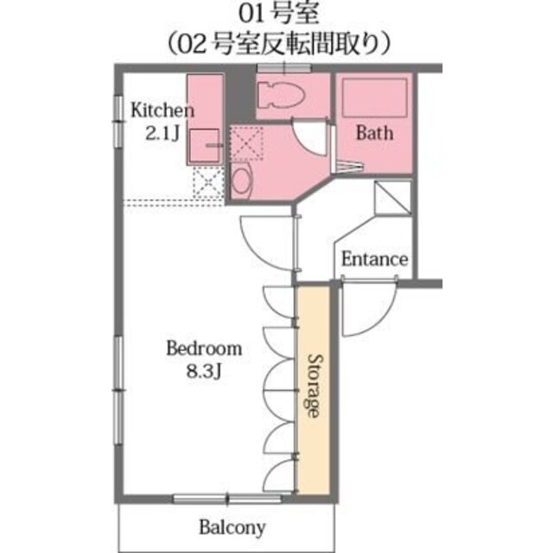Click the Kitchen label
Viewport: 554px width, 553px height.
point(162,111)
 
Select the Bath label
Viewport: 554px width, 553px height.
point(374,132)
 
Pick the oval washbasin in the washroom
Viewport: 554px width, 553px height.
point(241,181)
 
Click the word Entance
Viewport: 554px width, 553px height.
point(374,258)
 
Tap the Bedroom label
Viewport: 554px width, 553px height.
point(204,349)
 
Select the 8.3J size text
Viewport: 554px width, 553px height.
point(204,372)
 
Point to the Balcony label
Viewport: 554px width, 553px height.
point(232,526)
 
